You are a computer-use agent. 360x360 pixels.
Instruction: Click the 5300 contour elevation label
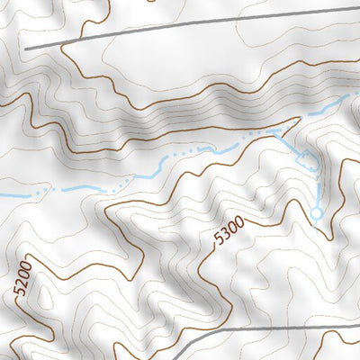coord(229,236)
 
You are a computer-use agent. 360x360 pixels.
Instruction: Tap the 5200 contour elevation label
coord(22,279)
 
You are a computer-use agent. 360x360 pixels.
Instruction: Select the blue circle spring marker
coord(316,213)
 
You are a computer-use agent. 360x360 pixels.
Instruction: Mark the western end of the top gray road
coord(27,47)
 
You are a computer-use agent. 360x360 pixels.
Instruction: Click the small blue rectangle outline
coord(308,161)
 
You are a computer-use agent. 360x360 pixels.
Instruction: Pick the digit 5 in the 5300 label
coord(220,244)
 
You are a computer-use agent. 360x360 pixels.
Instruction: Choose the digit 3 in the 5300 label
coord(226,238)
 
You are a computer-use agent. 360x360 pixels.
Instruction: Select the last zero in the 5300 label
coord(239,227)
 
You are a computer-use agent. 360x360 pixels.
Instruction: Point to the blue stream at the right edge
coord(346,96)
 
